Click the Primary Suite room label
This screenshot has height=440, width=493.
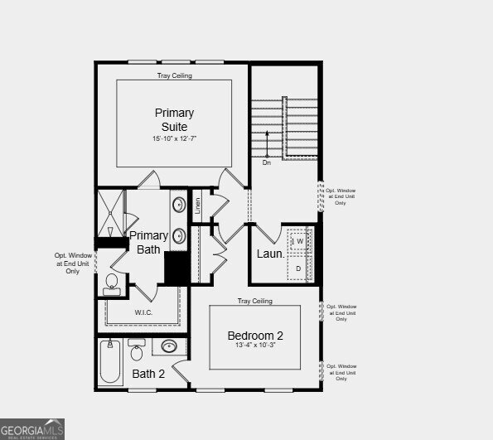174,118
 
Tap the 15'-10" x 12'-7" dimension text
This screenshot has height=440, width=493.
174,138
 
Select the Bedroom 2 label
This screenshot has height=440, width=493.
256,336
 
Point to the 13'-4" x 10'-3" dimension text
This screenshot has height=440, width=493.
256,346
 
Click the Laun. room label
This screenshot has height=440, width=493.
270,254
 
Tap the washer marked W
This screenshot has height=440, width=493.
300,241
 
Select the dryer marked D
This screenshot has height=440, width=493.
298,268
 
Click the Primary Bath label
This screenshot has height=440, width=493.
149,242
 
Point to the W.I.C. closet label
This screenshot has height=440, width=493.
143,312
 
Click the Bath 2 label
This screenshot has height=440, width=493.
149,374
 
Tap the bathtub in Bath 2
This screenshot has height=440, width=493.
109,362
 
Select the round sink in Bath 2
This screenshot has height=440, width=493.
170,346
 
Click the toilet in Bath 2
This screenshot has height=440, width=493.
137,351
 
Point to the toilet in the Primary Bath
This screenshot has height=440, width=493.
111,285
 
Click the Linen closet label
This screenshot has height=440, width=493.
197,205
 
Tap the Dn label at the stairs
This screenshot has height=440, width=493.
267,162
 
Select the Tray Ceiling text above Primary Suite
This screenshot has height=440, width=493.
174,75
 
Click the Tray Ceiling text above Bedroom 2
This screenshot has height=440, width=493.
254,301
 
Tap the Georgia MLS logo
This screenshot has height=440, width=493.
33,429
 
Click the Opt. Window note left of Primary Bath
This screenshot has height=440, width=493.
73,263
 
